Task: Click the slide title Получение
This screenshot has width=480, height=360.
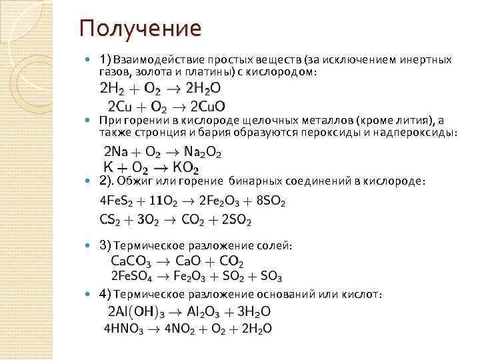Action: pyautogui.click(x=139, y=29)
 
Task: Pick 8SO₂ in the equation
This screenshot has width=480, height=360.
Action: pyautogui.click(x=270, y=201)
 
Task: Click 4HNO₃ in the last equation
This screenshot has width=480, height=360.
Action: pyautogui.click(x=125, y=329)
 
